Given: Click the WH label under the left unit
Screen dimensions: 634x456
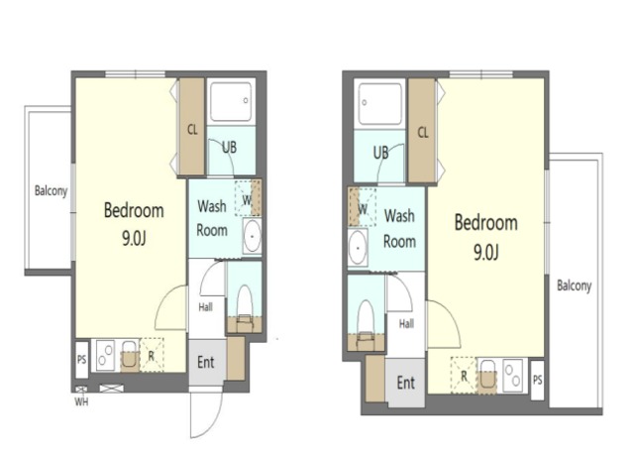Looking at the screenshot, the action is tap(81, 401).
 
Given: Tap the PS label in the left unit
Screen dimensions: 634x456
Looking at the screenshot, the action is tap(81, 359).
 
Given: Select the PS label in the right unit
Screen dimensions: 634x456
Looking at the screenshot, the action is tap(537, 380).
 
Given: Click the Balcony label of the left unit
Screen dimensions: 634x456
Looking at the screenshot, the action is tap(51, 190).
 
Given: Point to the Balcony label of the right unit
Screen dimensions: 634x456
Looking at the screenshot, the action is tap(575, 285).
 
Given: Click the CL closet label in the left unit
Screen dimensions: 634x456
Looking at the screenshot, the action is tap(192, 130).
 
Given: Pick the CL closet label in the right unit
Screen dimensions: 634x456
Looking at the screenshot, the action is tap(423, 132).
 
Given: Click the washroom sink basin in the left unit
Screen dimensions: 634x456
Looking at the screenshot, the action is tap(253, 236).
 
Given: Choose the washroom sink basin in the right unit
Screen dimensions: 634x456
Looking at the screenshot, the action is tap(358, 248).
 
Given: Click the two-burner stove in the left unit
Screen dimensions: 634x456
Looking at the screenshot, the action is tap(105, 356).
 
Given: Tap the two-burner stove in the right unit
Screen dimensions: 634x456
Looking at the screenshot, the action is tap(513, 376).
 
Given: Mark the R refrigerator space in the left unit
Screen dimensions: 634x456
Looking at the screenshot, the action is tap(152, 355).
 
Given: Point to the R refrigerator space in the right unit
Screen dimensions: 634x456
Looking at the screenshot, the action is tap(464, 376).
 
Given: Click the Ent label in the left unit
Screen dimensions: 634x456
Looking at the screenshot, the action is tap(205, 362).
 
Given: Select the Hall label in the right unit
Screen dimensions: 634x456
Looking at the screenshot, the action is tap(406, 324).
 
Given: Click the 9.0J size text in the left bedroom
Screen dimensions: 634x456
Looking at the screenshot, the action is tap(134, 239).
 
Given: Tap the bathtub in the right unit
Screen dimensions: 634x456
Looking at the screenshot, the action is tap(379, 104).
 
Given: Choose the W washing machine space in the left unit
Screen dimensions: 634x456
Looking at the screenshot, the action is tap(248, 198).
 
